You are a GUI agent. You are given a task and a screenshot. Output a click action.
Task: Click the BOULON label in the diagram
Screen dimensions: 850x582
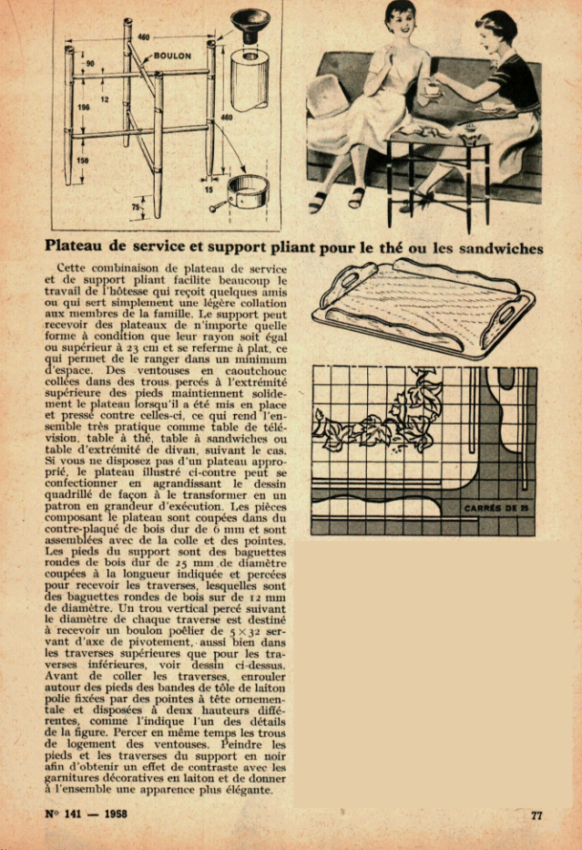[x=172, y=56]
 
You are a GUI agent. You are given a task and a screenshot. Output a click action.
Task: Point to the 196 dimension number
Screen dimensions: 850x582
[x=84, y=108]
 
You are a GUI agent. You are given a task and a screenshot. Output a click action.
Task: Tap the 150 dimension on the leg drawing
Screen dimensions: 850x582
[x=84, y=160]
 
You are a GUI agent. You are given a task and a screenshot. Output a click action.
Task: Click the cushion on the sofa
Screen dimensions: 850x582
[x=329, y=98]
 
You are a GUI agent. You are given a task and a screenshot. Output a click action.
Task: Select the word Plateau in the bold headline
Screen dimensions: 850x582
[x=78, y=245]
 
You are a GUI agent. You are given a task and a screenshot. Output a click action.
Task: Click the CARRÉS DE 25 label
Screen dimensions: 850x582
[x=496, y=507]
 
